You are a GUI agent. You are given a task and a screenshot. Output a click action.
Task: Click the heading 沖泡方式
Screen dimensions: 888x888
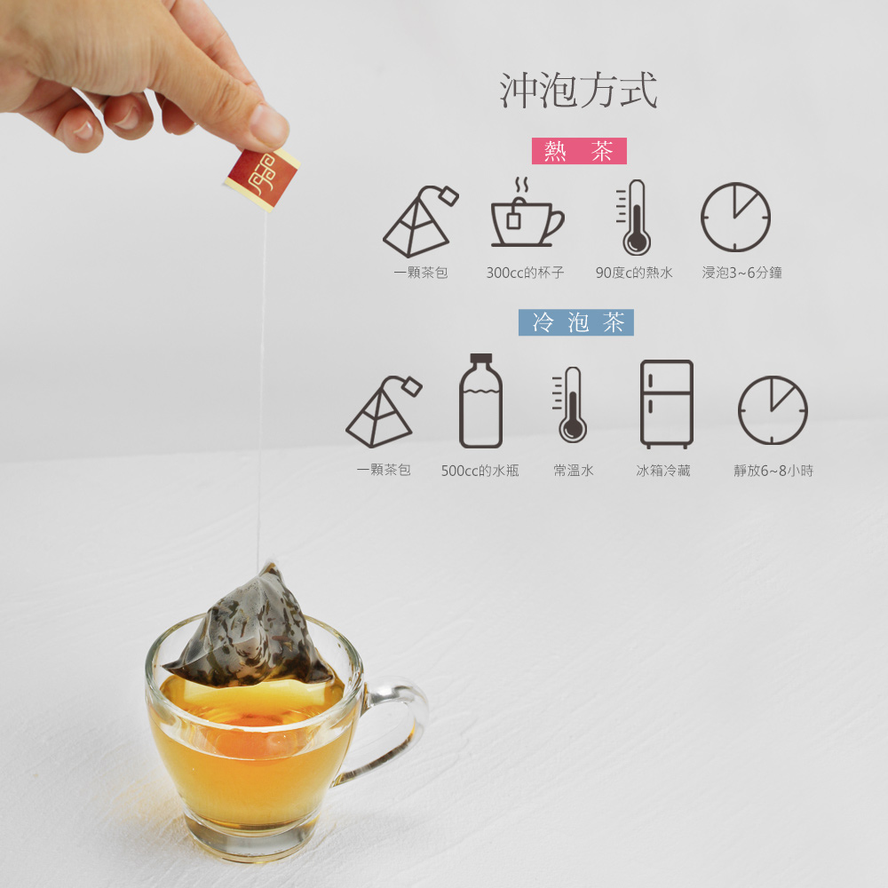click(578, 90)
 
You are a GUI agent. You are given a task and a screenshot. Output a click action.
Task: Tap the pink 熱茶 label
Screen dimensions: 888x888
click(579, 151)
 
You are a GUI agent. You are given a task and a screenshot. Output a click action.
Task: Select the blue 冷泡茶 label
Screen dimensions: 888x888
click(576, 322)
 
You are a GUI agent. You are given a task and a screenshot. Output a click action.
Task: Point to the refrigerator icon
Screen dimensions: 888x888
click(667, 404)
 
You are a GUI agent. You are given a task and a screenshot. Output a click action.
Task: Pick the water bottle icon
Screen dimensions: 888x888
click(480, 401)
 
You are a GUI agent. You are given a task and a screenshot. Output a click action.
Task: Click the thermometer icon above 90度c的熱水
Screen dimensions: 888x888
click(634, 218)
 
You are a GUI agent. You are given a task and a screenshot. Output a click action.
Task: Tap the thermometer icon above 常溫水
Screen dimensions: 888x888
click(570, 404)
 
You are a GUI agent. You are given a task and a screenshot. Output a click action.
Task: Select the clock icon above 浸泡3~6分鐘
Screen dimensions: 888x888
click(735, 217)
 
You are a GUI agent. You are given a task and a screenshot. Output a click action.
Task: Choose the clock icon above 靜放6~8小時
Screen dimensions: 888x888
click(773, 409)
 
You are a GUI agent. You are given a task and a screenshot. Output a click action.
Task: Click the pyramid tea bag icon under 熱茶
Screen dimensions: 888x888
click(420, 221)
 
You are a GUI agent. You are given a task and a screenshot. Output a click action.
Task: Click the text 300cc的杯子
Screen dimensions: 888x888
click(525, 273)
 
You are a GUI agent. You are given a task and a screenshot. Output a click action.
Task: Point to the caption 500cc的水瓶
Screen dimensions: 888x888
click(480, 471)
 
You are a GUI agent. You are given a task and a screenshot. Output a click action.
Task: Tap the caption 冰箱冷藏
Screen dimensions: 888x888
click(663, 471)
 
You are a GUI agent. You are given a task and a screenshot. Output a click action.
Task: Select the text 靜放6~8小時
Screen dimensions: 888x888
click(773, 471)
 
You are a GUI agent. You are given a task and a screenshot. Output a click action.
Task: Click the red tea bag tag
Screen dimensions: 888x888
click(262, 178)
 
